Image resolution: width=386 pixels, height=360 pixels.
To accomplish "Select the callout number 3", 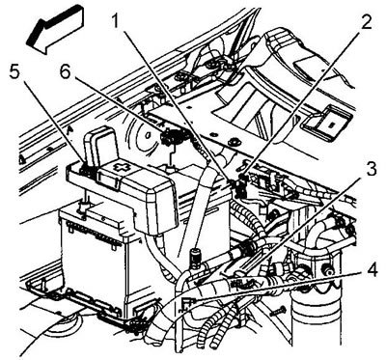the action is click(x=371, y=168).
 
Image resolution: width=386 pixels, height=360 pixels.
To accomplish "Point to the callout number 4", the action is click(x=372, y=272).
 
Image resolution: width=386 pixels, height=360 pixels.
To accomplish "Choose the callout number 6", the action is click(x=65, y=71).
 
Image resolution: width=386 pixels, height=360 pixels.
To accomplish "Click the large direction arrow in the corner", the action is click(x=55, y=30).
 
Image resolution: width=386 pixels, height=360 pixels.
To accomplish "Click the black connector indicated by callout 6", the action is click(x=170, y=137).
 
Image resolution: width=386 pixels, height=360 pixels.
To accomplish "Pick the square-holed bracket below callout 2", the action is click(x=325, y=123).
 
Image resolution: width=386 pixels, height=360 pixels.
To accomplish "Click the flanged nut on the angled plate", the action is click(x=233, y=142).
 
